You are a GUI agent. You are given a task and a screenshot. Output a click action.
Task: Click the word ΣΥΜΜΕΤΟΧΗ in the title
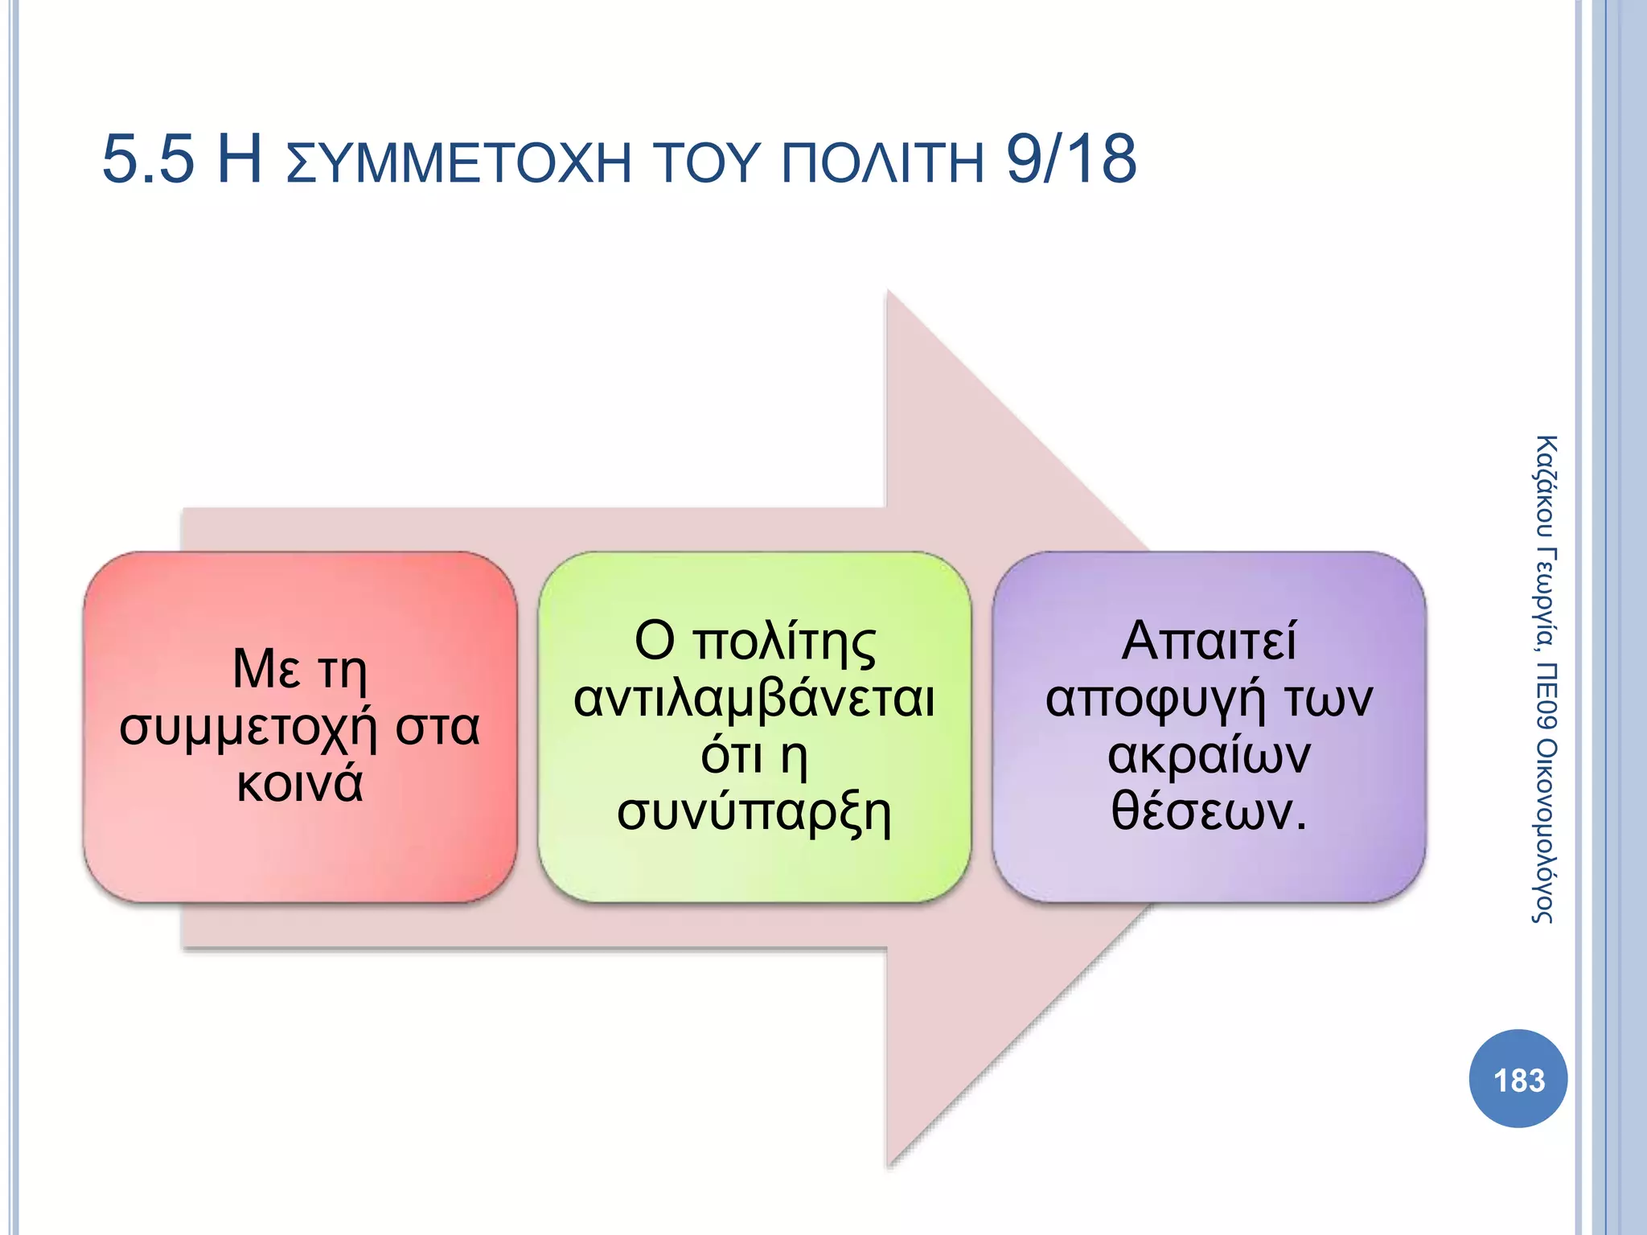point(459,162)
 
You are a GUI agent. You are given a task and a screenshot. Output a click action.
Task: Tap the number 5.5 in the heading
point(148,159)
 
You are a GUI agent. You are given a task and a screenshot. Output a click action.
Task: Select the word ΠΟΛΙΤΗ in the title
point(882,162)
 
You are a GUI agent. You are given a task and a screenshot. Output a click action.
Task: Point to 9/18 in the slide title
point(1071,159)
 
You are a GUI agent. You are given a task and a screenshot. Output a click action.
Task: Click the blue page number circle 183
point(1518,1079)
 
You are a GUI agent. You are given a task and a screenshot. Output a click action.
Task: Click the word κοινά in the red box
point(300,784)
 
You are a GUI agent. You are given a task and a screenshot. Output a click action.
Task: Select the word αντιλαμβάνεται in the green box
point(754,699)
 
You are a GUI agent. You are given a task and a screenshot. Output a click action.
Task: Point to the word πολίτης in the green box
point(784,642)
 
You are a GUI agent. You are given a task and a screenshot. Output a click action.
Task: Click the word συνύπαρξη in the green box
point(754,813)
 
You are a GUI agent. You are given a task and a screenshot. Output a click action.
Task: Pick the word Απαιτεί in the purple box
point(1209,641)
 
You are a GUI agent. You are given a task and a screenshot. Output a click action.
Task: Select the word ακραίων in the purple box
point(1209,756)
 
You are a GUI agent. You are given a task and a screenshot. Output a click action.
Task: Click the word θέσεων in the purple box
point(1201,811)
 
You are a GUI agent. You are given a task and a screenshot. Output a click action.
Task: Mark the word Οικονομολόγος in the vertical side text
point(1545,831)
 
